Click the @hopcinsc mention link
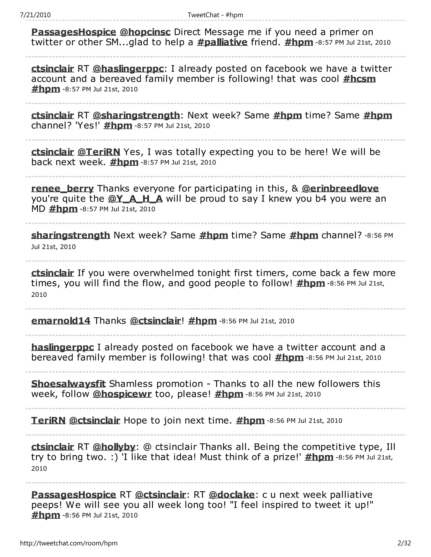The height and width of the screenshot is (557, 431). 145,32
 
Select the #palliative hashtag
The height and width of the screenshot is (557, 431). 222,42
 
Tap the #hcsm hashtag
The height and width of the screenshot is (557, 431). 359,79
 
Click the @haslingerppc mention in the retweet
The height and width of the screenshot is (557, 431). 128,69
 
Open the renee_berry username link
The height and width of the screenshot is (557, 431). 62,189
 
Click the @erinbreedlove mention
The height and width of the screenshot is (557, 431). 340,189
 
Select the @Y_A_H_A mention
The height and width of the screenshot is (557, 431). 135,199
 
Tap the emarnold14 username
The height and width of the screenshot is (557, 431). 61,321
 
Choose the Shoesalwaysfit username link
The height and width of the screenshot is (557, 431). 68,384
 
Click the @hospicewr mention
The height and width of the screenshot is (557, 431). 122,394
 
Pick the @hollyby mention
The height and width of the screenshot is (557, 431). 114,447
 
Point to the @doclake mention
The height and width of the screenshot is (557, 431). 231,495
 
